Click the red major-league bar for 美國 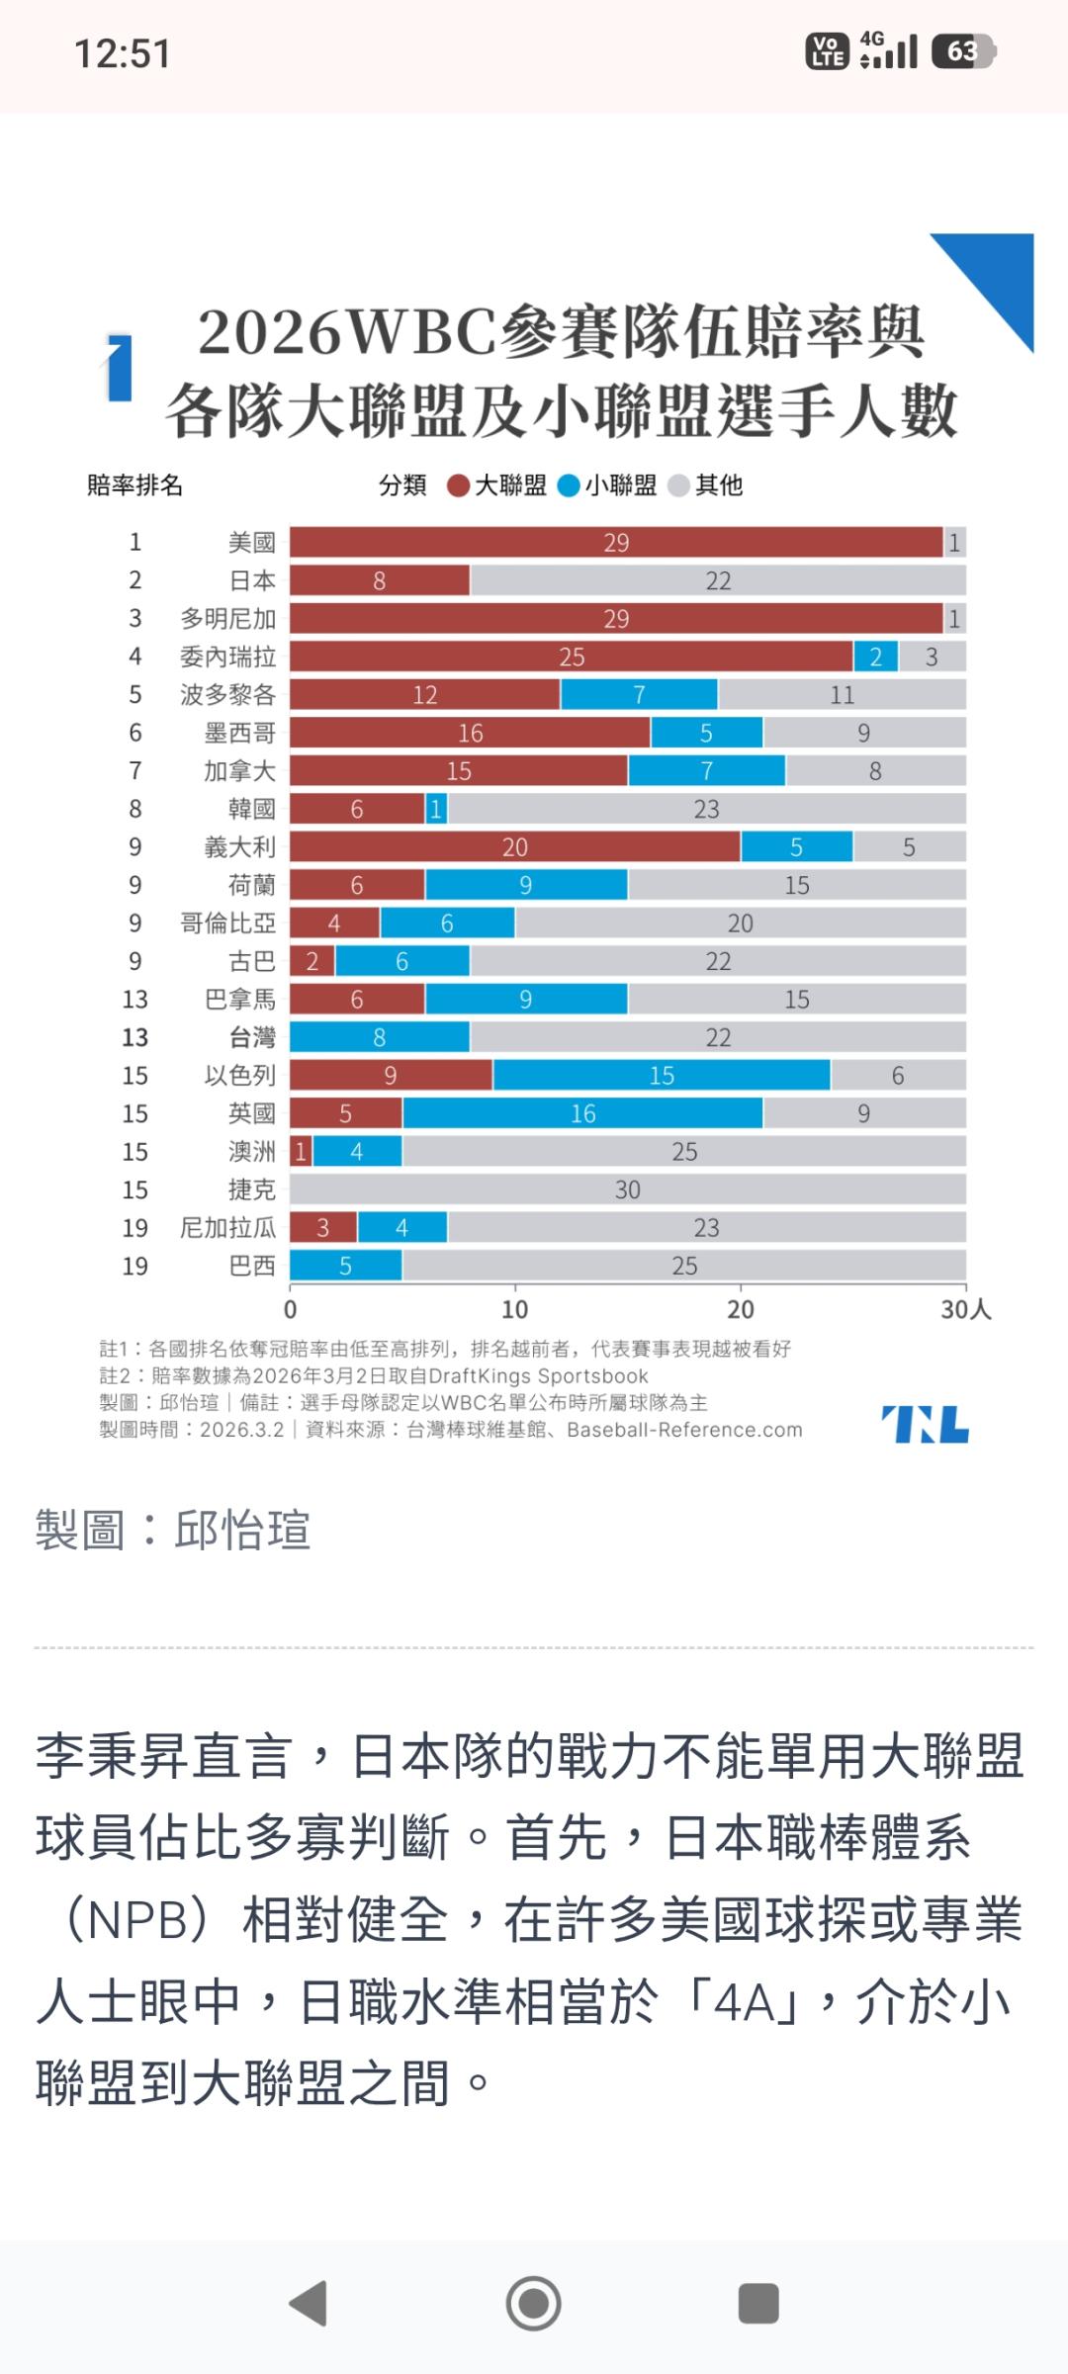tap(615, 542)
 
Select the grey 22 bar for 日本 tap(718, 580)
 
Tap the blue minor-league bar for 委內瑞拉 tap(875, 657)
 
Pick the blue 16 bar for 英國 tap(582, 1113)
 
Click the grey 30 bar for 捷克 tap(627, 1189)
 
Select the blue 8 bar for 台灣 tap(379, 1037)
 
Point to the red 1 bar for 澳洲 tap(301, 1152)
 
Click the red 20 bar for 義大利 tap(514, 847)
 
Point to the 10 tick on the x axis tap(514, 1310)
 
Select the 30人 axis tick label tap(965, 1310)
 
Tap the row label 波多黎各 tap(227, 695)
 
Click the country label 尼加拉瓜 tap(227, 1228)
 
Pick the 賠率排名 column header tap(134, 485)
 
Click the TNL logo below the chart tap(925, 1424)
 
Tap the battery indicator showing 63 tap(963, 51)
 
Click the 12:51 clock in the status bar tap(123, 53)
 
